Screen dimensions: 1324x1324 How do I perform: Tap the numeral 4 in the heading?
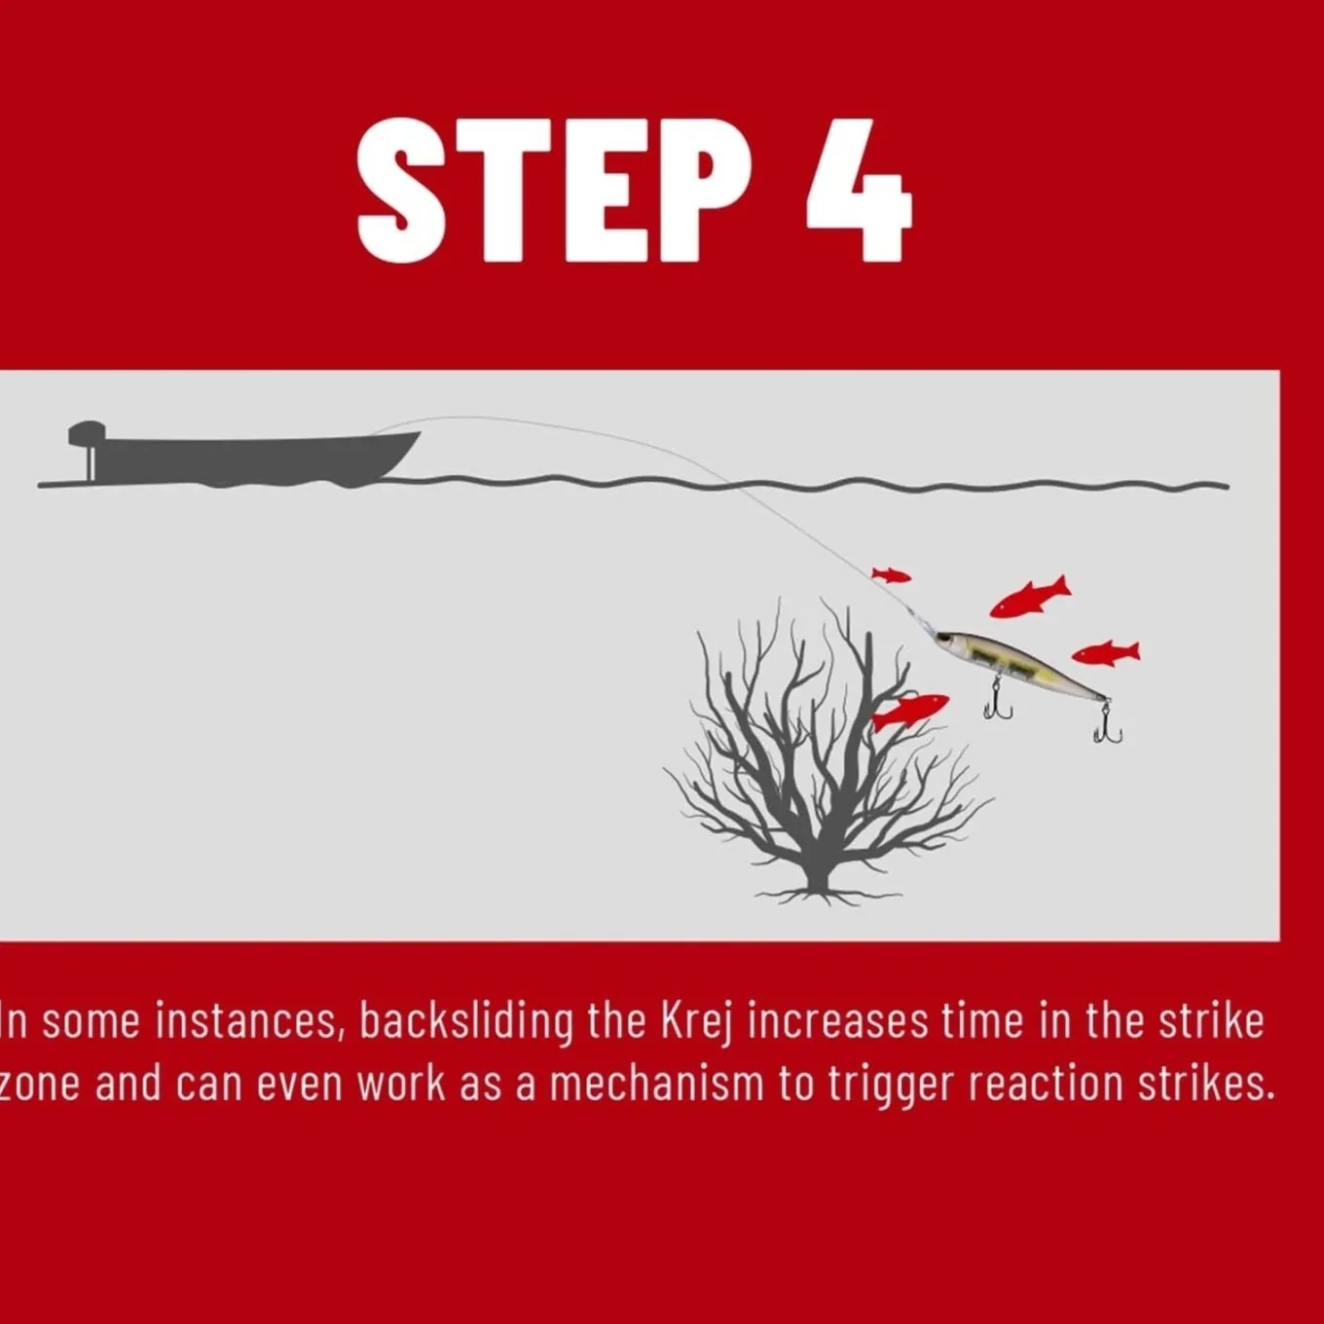pyautogui.click(x=860, y=192)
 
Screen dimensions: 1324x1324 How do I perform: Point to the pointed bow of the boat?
pyautogui.click(x=417, y=434)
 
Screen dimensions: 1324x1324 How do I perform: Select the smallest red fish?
pyautogui.click(x=891, y=575)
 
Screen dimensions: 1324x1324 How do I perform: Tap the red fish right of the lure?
pyautogui.click(x=1106, y=652)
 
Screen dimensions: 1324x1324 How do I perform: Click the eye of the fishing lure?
pyautogui.click(x=947, y=639)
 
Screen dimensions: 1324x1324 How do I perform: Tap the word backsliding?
pyautogui.click(x=466, y=1022)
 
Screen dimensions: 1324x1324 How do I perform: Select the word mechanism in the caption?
pyautogui.click(x=656, y=1085)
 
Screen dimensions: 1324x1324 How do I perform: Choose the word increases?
pyautogui.click(x=837, y=1022)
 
